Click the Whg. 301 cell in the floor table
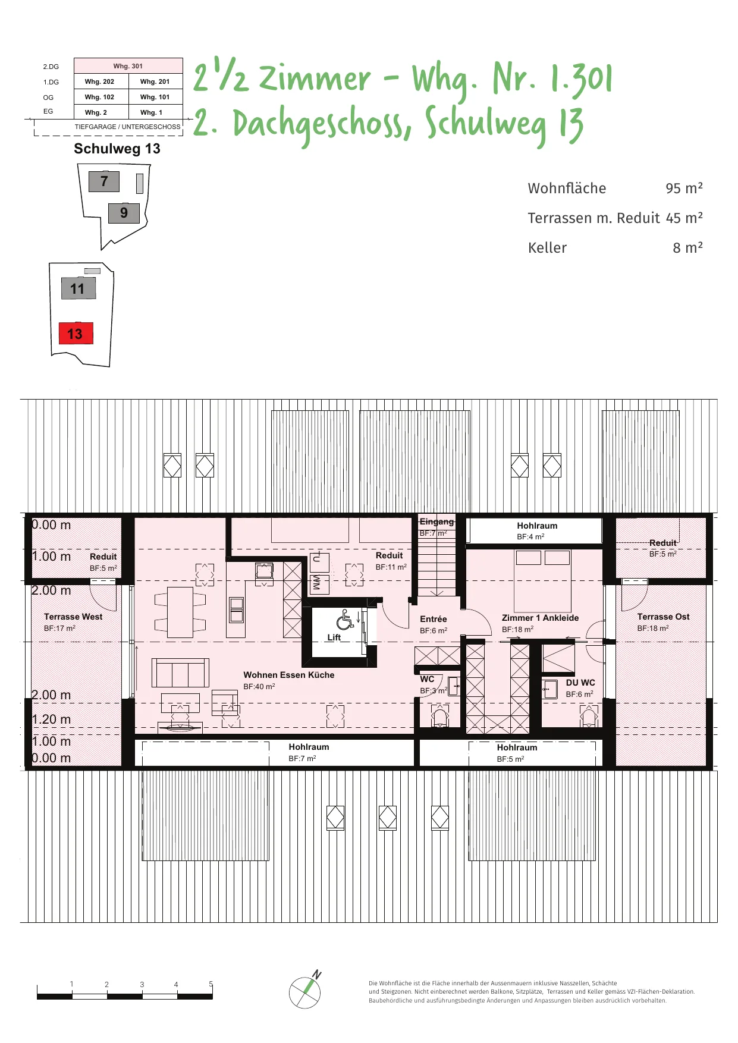click(128, 66)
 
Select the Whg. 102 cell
click(99, 97)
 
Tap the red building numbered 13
click(76, 334)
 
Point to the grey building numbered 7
click(104, 181)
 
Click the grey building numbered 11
click(78, 288)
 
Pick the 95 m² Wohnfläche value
click(684, 188)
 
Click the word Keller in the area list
click(547, 247)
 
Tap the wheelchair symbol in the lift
click(345, 620)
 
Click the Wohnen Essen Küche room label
click(288, 675)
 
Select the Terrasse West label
click(73, 617)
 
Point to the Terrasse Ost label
click(663, 617)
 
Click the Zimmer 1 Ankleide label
click(540, 618)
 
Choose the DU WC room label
click(580, 683)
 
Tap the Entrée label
click(433, 619)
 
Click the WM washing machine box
click(317, 583)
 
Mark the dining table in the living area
click(180, 612)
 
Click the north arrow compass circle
click(304, 992)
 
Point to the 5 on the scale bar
click(211, 984)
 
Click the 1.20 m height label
click(51, 720)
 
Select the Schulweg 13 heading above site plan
click(117, 149)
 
